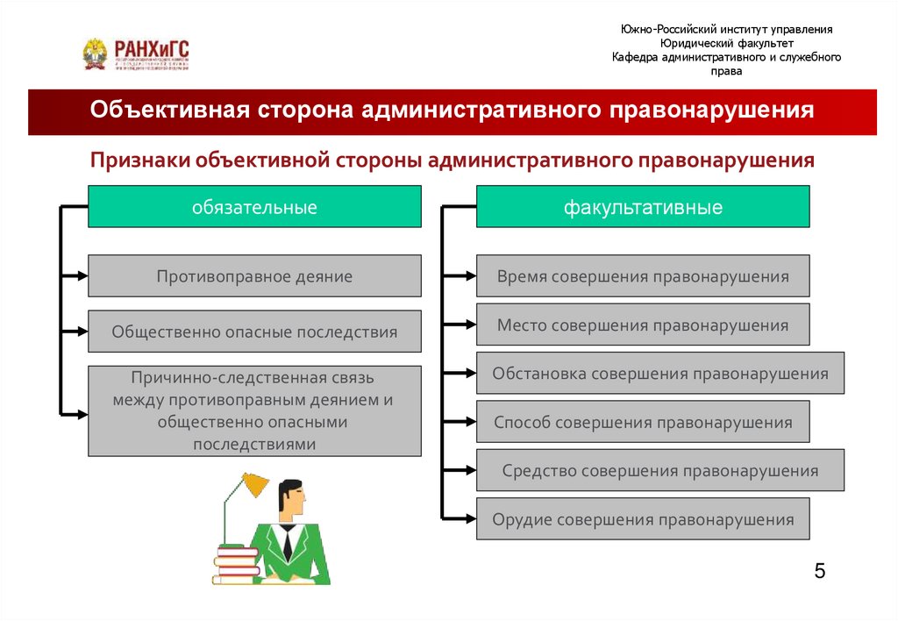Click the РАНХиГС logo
click(136, 54)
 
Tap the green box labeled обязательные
click(254, 207)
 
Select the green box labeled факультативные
click(643, 207)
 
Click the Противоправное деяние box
click(254, 276)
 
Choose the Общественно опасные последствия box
click(254, 332)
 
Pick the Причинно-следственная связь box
click(254, 410)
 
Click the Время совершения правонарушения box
click(643, 276)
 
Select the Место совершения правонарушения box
click(643, 325)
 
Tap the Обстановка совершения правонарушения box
click(659, 373)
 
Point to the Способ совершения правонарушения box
click(643, 422)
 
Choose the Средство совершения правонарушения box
click(659, 470)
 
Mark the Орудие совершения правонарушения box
click(643, 518)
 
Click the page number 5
click(819, 572)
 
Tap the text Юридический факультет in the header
click(726, 43)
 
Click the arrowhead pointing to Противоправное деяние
click(82, 276)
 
